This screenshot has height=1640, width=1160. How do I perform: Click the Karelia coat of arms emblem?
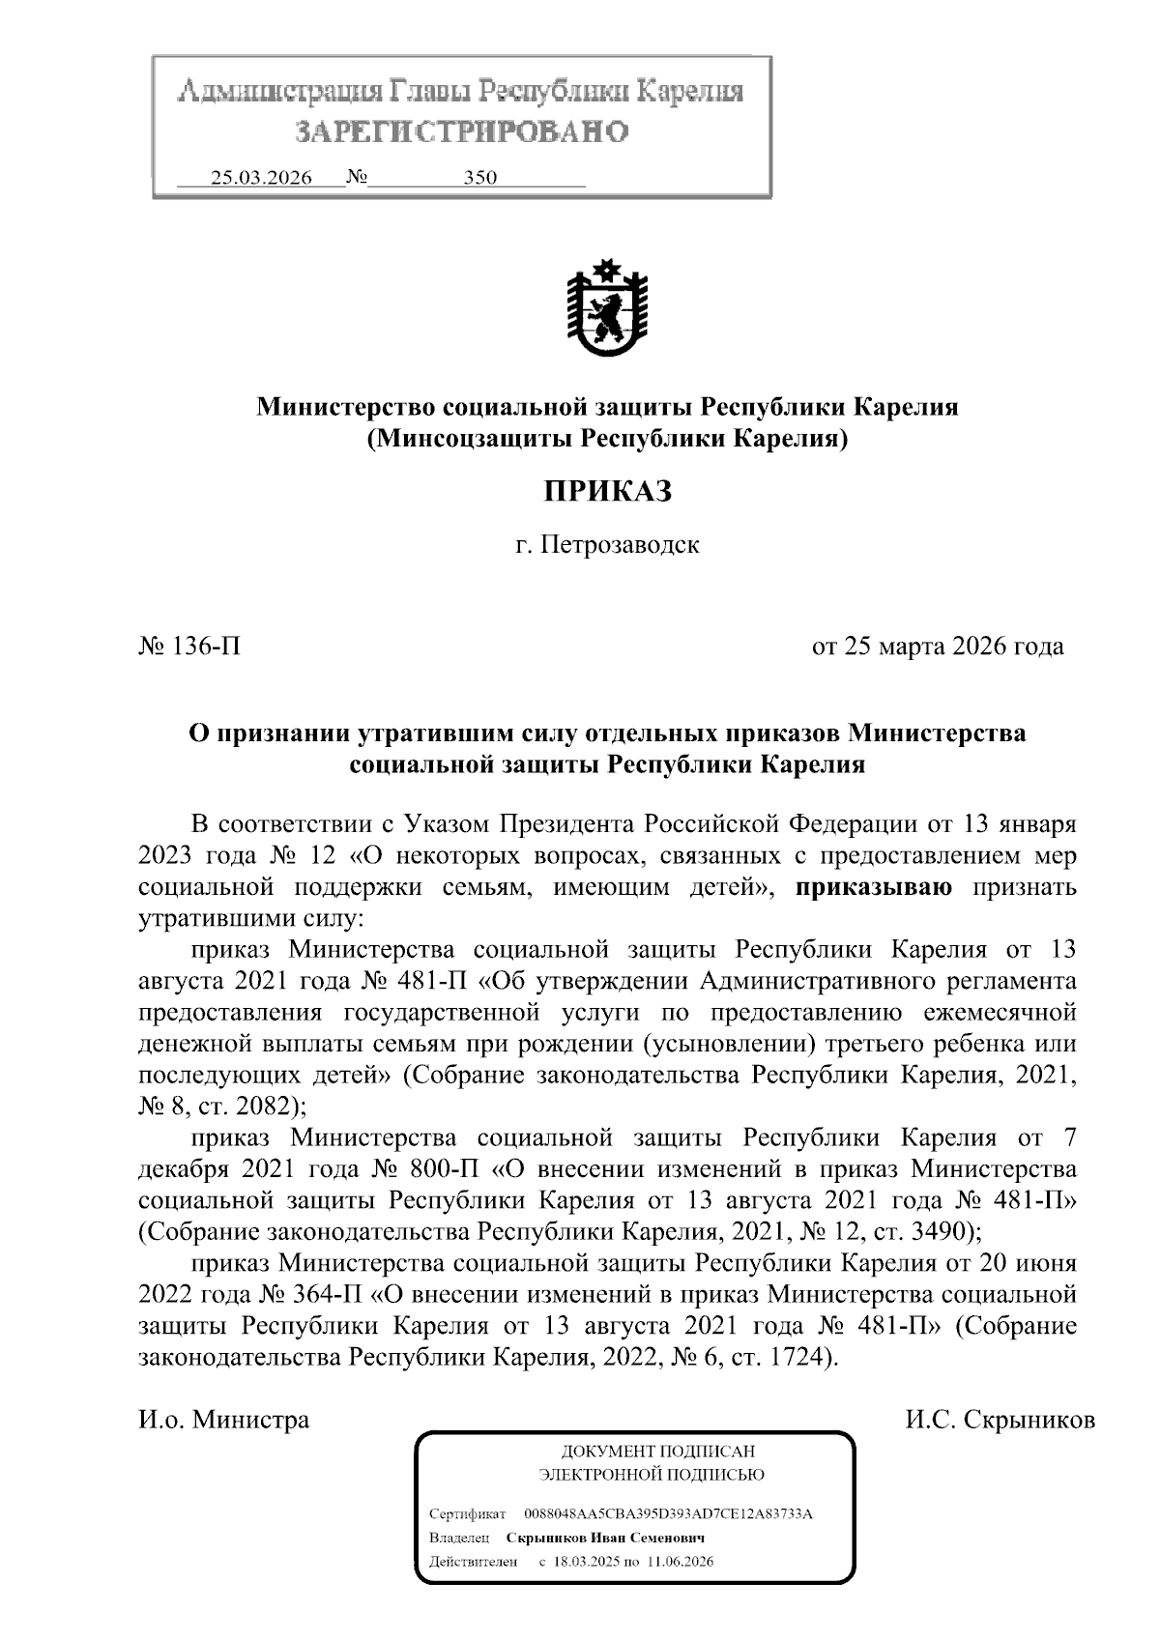coord(606,308)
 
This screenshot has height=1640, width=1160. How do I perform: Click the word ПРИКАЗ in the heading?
coord(606,491)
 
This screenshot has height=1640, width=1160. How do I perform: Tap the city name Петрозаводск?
coord(619,544)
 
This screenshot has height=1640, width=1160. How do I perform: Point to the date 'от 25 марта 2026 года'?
coord(937,646)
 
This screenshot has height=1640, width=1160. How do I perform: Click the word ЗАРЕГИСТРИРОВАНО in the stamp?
coord(461,130)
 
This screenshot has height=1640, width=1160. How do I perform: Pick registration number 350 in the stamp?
coord(479,178)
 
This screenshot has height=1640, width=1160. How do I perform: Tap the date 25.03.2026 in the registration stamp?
coord(261,178)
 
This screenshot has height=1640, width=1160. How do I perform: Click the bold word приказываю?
coord(875,887)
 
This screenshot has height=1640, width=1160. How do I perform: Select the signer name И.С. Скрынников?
coord(1000,1420)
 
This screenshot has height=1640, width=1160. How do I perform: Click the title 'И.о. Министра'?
coord(224,1420)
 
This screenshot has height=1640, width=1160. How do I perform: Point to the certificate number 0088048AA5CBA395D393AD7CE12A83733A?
coord(667,1513)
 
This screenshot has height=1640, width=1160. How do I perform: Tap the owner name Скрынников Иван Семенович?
coord(605,1538)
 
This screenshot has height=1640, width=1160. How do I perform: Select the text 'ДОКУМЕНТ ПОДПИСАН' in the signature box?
coord(658,1452)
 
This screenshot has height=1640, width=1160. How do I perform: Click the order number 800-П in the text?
coord(439,1169)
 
